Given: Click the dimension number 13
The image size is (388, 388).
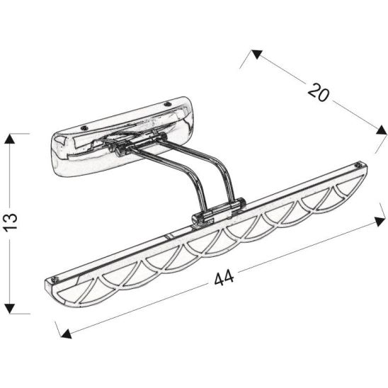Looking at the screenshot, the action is (10, 222).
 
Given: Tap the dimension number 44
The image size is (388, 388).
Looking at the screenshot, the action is (224, 278).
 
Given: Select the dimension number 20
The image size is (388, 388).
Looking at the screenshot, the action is (319, 92).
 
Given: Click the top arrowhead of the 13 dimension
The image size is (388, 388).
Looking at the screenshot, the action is (9, 139).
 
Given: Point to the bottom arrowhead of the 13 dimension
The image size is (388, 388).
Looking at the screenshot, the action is (10, 309).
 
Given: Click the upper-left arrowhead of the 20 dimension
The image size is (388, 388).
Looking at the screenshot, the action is (256, 55).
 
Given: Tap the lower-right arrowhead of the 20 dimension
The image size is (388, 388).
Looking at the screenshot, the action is (382, 130).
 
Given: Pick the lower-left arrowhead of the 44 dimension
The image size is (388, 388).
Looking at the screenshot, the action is (66, 333).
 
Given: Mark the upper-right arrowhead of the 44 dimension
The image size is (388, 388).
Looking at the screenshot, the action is (380, 221).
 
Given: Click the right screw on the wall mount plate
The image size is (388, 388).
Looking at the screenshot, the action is (169, 104).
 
